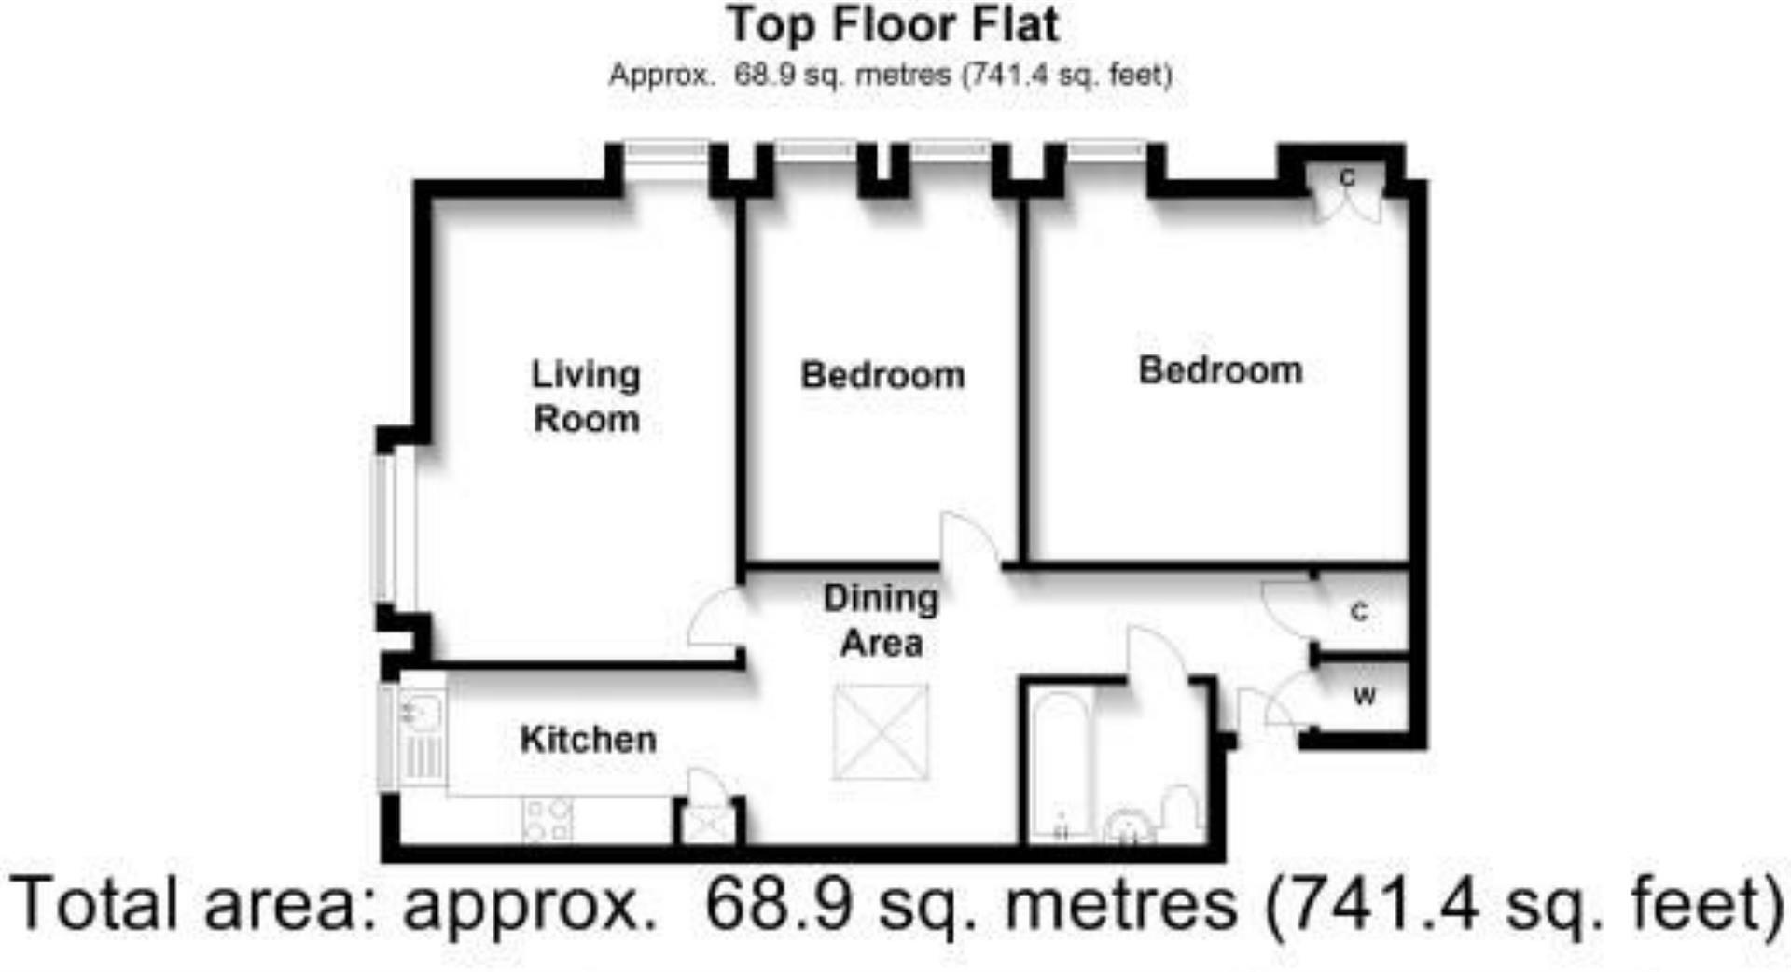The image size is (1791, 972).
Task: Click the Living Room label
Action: click(x=586, y=396)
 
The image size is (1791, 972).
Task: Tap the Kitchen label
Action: click(x=588, y=740)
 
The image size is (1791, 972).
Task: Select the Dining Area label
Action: click(x=881, y=620)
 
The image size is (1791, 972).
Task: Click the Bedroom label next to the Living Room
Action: click(x=882, y=375)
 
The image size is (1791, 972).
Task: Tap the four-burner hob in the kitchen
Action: click(x=548, y=820)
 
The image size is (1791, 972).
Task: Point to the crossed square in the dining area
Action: click(x=881, y=732)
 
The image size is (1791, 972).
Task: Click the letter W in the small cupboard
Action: click(x=1364, y=696)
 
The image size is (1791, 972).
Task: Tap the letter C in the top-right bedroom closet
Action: click(x=1346, y=177)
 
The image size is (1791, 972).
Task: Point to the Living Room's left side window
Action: click(x=383, y=527)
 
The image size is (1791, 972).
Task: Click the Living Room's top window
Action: click(x=666, y=150)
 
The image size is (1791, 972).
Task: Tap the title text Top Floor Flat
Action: click(x=893, y=25)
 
